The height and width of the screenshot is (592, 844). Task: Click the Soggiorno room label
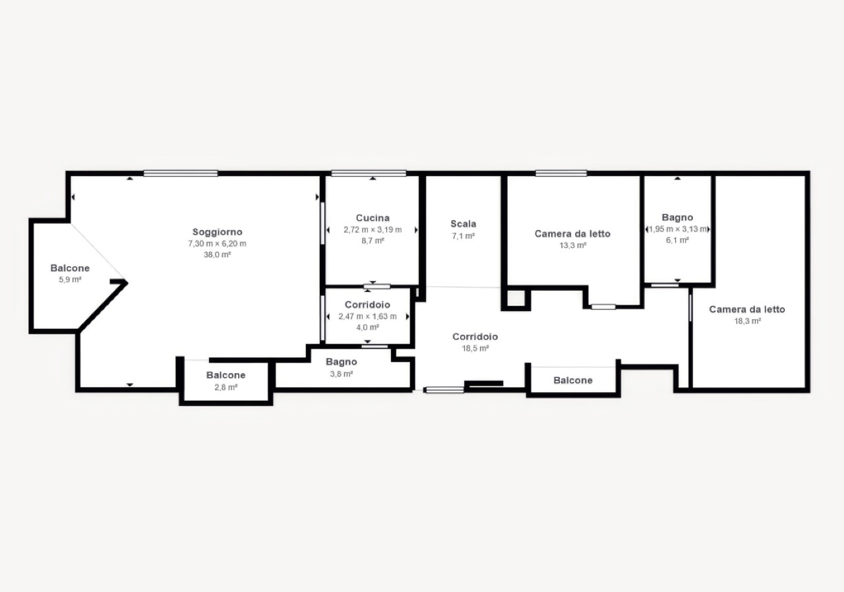218,232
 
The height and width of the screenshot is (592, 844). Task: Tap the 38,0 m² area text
218,254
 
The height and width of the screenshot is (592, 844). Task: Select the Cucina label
373,218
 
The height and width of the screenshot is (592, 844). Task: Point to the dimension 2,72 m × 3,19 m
373,229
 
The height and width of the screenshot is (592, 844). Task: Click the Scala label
464,224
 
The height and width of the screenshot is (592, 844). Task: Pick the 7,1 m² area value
464,236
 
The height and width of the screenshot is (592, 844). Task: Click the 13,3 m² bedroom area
573,245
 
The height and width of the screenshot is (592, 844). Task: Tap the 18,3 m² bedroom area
748,321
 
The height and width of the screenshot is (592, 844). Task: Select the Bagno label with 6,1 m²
677,218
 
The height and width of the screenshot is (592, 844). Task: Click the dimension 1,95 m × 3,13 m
677,229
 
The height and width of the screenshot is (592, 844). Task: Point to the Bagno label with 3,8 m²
342,362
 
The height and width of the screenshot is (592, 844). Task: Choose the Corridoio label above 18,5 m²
475,337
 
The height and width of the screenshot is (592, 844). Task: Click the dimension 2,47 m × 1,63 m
367,316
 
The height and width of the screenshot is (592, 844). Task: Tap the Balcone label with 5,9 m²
70,268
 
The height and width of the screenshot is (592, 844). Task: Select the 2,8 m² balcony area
226,387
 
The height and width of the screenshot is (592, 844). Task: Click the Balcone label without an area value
573,380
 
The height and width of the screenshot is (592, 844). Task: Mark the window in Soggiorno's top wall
181,173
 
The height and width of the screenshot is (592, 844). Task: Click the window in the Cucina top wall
369,173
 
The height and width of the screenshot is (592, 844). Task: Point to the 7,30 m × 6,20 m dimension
218,244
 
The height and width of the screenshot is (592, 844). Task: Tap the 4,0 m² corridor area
367,328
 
